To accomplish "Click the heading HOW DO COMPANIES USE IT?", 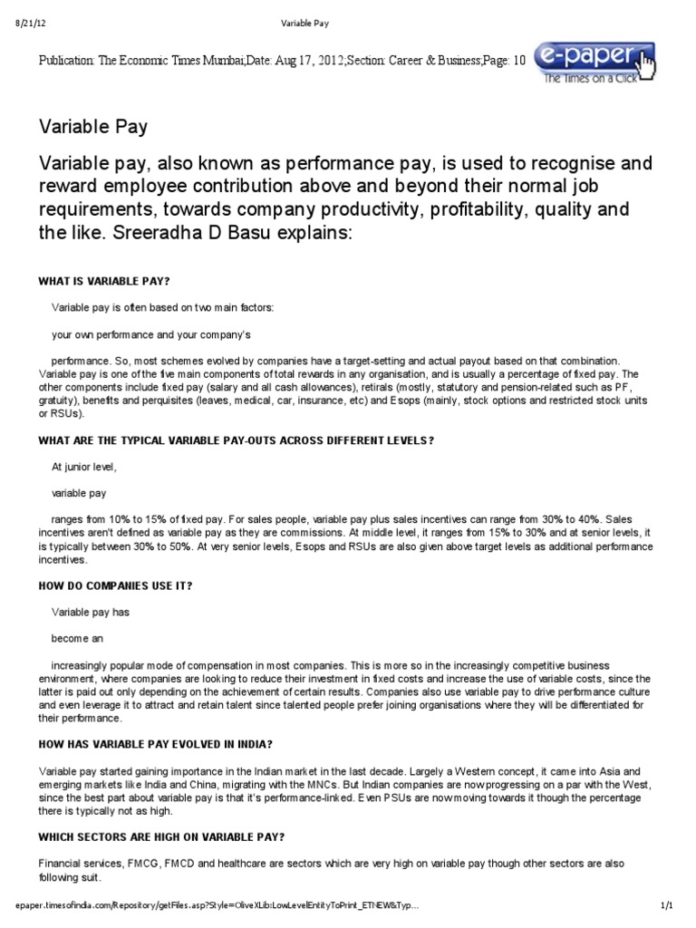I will coord(115,585).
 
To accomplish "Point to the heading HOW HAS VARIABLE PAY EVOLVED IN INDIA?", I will coord(156,744).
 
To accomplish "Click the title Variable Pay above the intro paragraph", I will coord(93,128).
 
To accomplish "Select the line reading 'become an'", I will coord(76,638).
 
